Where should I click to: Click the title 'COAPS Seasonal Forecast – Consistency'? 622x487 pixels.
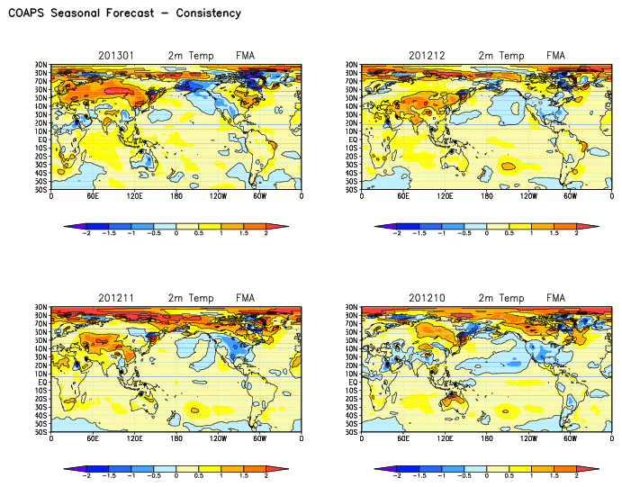124,14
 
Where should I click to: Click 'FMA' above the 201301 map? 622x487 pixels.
246,56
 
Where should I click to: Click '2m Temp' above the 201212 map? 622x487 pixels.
500,56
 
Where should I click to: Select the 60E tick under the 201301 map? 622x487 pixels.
93,195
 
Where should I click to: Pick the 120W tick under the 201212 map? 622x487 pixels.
528,195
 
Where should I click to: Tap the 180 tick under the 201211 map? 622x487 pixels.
176,438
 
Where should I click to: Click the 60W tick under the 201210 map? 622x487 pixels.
571,438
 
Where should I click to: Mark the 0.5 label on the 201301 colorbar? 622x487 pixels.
199,233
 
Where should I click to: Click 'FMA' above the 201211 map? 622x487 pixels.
246,298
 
